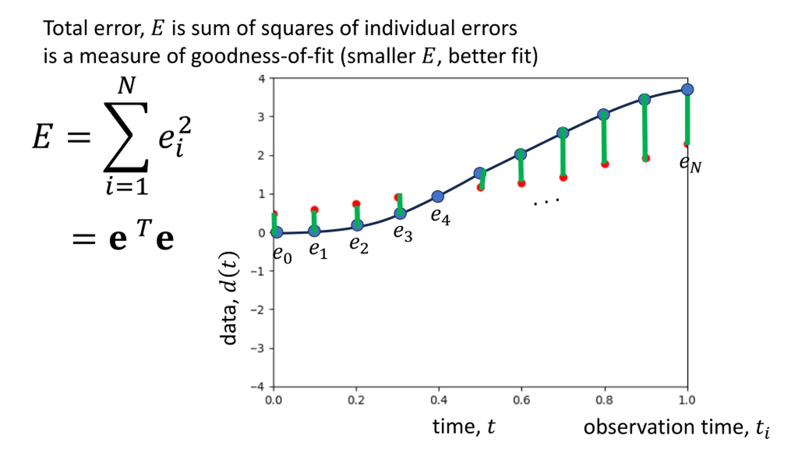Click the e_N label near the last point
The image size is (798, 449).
tap(690, 164)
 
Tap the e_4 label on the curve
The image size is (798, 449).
tap(440, 216)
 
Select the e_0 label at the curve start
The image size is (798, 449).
tap(282, 255)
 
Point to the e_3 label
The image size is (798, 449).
tap(403, 233)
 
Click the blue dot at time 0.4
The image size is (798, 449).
tap(438, 196)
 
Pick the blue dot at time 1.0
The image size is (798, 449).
tap(687, 90)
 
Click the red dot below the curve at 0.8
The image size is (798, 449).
tap(605, 164)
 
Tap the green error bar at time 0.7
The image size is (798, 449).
tap(563, 156)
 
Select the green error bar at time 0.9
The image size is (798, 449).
tap(645, 129)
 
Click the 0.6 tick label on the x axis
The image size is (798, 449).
tap(521, 400)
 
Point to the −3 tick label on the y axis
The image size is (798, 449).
tap(258, 348)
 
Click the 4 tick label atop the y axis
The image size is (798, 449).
tap(262, 79)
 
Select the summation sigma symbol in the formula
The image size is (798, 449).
tap(126, 137)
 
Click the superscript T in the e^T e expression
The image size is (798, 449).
tap(144, 228)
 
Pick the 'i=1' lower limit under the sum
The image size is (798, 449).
tap(127, 186)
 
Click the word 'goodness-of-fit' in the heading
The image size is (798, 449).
tap(262, 56)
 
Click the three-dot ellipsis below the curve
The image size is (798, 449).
tap(546, 202)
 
